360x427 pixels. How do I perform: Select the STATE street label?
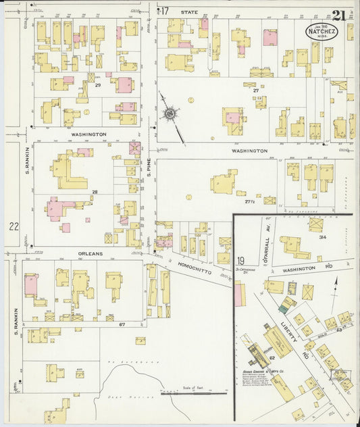click(x=188, y=11)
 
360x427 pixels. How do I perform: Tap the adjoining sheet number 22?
click(x=14, y=226)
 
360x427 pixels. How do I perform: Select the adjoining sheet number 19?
click(x=240, y=260)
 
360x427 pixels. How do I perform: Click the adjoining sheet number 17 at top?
click(x=163, y=11)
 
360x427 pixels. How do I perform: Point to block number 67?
click(x=123, y=306)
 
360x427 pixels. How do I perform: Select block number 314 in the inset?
click(x=324, y=238)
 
